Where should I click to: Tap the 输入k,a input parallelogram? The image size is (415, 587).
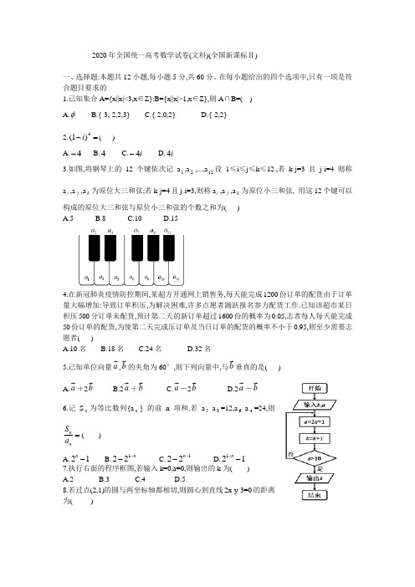pyautogui.click(x=321, y=406)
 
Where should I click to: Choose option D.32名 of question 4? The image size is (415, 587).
pyautogui.click(x=200, y=349)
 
